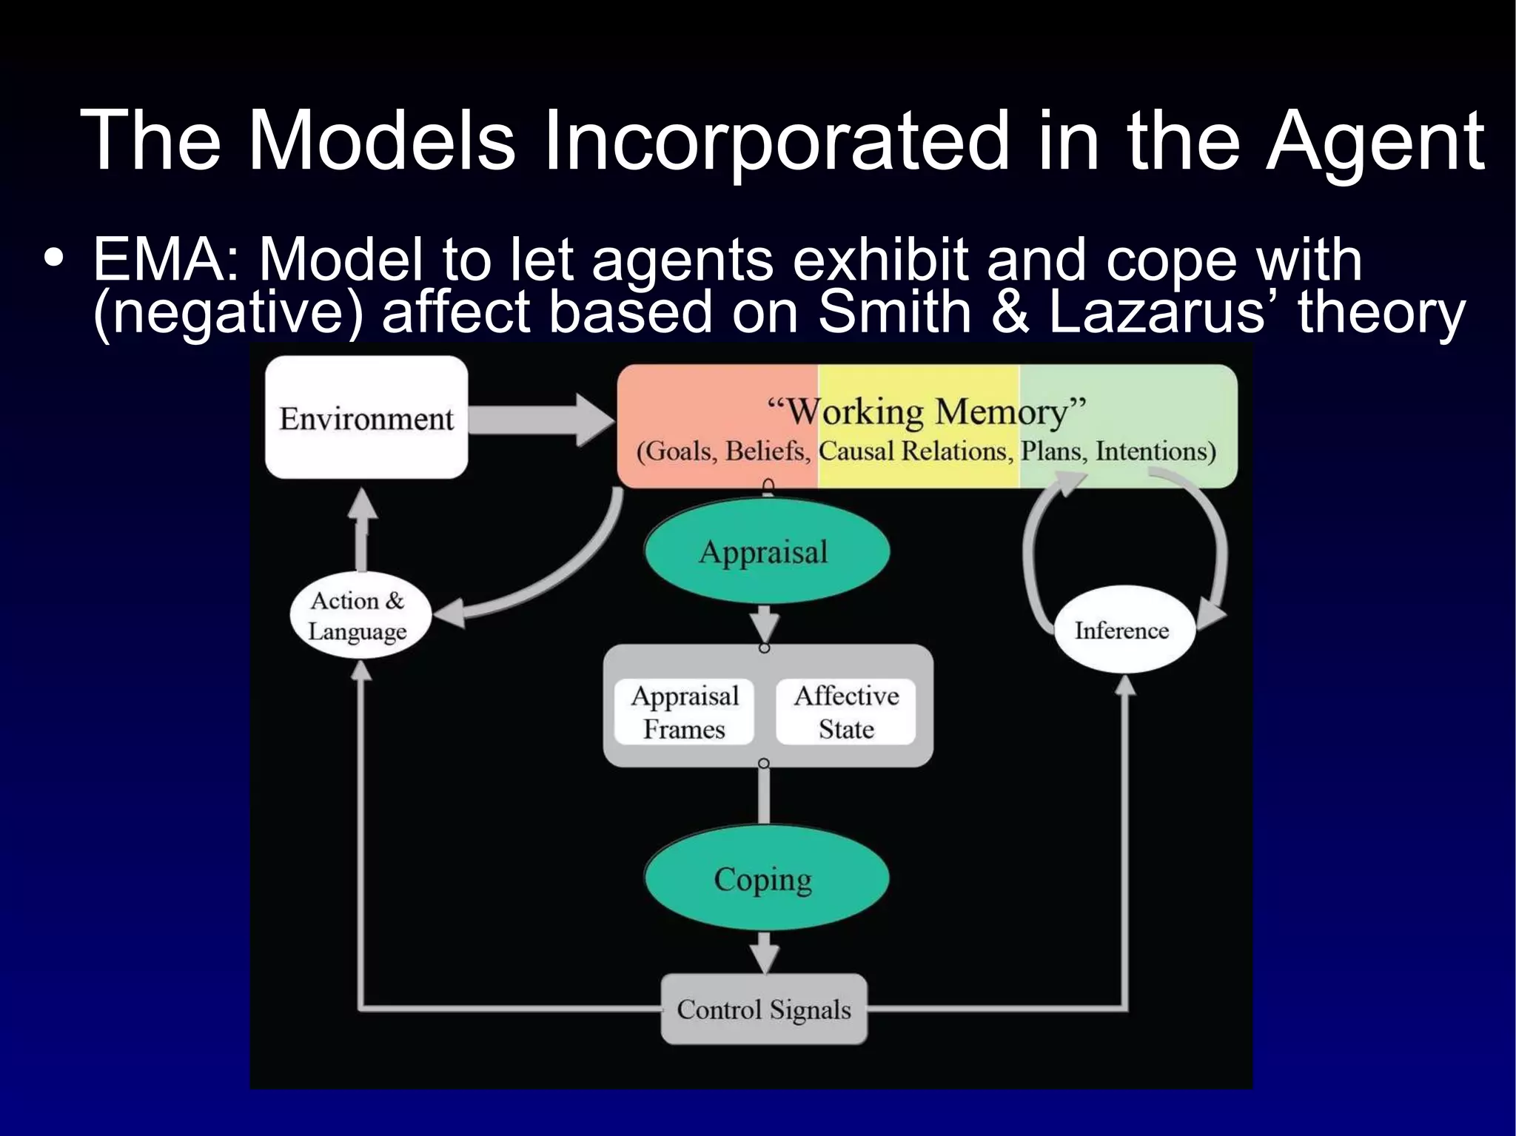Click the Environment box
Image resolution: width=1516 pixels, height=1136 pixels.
[x=366, y=418]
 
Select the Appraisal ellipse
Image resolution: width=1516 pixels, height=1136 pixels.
[x=765, y=552]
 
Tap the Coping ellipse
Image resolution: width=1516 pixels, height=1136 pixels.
[x=765, y=879]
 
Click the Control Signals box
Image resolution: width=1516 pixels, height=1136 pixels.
[x=764, y=1009]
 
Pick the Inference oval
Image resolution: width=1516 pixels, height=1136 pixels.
[x=1122, y=631]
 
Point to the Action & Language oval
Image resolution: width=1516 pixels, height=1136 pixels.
[x=359, y=616]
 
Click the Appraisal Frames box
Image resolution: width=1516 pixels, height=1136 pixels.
[x=684, y=712]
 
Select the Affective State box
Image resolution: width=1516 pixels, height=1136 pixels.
[x=846, y=712]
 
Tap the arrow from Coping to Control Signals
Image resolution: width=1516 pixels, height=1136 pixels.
[x=765, y=951]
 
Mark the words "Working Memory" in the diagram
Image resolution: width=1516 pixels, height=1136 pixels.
[x=927, y=411]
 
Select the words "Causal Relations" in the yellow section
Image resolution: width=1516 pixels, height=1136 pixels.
[x=916, y=451]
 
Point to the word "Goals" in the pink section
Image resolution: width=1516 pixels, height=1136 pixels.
[x=677, y=451]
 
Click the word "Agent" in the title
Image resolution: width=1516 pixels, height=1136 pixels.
[x=1375, y=141]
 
